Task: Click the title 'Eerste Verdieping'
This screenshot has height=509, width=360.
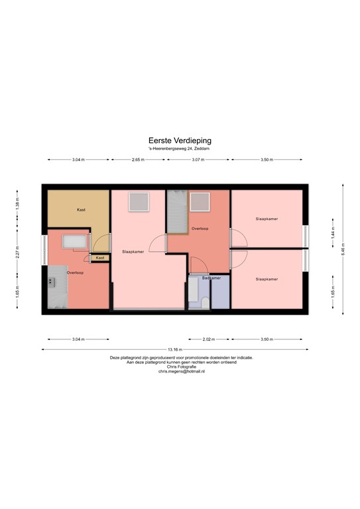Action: tap(180, 141)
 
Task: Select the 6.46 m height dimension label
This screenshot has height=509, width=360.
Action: tap(343, 250)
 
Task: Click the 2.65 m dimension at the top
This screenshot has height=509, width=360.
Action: tap(139, 160)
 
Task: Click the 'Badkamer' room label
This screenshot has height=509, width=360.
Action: tap(211, 278)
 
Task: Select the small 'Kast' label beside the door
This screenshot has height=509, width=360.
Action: tap(100, 258)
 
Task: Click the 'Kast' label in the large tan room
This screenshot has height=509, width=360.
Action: tap(81, 209)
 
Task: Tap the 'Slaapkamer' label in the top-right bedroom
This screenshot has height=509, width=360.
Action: tap(267, 218)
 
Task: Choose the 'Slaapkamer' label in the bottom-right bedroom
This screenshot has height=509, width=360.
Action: tap(267, 279)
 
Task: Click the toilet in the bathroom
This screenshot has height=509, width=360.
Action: tap(205, 302)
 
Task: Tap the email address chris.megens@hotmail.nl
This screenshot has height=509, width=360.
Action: tap(181, 372)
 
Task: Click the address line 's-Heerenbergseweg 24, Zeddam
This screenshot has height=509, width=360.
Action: tap(180, 149)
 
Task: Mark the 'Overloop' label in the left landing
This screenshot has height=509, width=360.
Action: tap(75, 272)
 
